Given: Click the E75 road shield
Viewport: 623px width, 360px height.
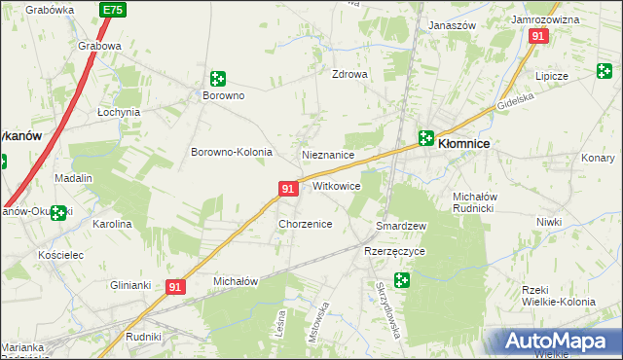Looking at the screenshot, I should click(112, 9).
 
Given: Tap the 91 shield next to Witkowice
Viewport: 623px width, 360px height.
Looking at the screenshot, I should click(288, 188).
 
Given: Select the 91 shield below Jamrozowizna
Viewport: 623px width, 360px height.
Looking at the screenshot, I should click(539, 35).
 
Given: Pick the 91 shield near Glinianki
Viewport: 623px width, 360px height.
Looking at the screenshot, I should click(175, 287).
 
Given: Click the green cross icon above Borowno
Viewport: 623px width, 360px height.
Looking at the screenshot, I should click(218, 78).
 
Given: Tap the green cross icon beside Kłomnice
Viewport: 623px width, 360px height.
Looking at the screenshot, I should click(426, 138).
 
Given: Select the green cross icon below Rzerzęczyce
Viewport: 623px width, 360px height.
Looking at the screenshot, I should click(401, 280).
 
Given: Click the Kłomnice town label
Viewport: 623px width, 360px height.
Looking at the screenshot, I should click(464, 142).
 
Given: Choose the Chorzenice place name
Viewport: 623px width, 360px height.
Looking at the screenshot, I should click(306, 224).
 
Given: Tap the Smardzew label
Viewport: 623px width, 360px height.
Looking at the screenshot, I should click(402, 226).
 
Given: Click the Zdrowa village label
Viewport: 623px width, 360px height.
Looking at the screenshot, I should click(349, 74).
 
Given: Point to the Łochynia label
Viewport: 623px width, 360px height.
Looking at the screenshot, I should click(119, 112).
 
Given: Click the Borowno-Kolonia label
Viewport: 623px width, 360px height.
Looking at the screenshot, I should click(231, 152).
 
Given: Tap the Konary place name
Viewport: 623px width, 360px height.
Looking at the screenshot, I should click(599, 158).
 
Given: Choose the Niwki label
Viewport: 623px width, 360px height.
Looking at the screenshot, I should click(549, 222).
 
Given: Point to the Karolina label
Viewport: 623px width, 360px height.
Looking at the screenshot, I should click(112, 224).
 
